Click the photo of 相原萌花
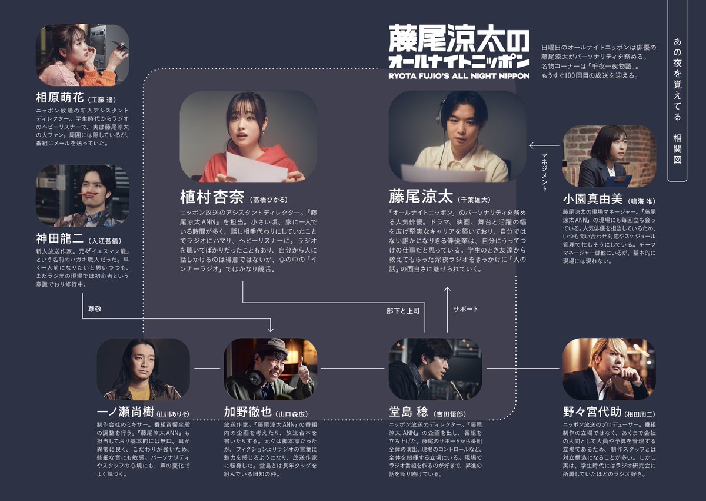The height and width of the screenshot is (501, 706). (x=82, y=55)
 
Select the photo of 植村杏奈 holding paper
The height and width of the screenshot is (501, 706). (x=248, y=137)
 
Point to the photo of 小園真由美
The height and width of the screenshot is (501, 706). (x=609, y=156)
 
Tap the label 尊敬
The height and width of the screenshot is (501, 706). (x=95, y=308)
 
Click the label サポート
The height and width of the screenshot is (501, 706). (x=465, y=309)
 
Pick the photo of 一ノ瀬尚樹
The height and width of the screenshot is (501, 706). (x=143, y=369)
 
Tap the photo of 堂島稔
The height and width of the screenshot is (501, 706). (x=435, y=369)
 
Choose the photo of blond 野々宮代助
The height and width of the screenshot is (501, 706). (x=609, y=369)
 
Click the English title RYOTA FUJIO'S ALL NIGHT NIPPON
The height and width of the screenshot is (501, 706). (x=458, y=75)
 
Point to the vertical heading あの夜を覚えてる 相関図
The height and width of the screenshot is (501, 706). (x=677, y=100)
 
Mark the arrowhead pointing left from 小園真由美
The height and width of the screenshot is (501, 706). (x=532, y=145)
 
